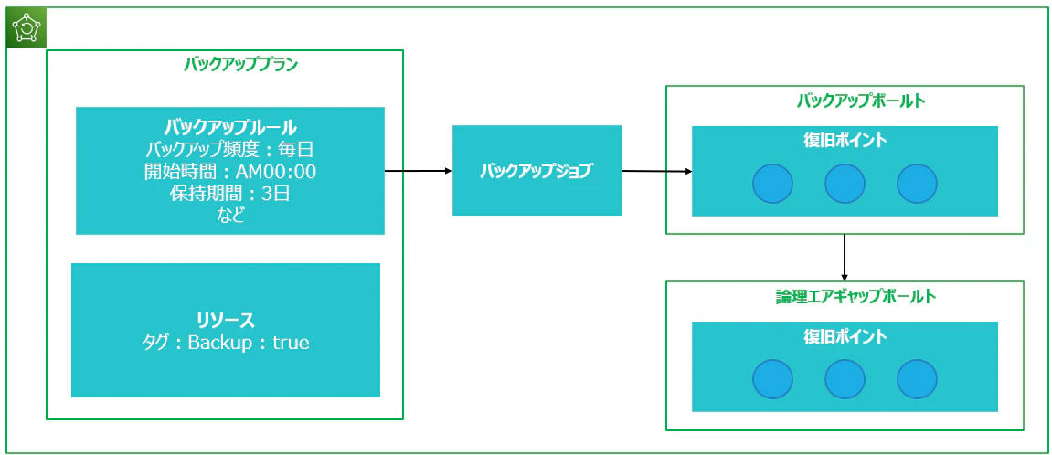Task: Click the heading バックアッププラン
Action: pos(241,65)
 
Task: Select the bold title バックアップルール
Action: pos(230,127)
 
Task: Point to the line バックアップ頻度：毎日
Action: pos(230,149)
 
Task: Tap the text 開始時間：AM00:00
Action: pos(230,172)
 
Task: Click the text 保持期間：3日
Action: pos(230,195)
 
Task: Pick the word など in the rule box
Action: pos(230,217)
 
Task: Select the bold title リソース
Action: pos(226,320)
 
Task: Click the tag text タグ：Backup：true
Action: pos(226,343)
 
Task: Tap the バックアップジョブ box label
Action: pos(537,171)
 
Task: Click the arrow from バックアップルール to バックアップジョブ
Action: pos(419,171)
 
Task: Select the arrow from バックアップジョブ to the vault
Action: pos(657,172)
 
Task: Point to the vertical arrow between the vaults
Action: pos(845,257)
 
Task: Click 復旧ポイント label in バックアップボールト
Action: pos(845,141)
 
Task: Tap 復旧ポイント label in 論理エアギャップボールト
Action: pos(845,335)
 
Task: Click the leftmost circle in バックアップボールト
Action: pos(772,184)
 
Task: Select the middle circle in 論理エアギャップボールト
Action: pos(845,379)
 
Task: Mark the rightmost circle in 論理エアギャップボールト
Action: pos(917,379)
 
